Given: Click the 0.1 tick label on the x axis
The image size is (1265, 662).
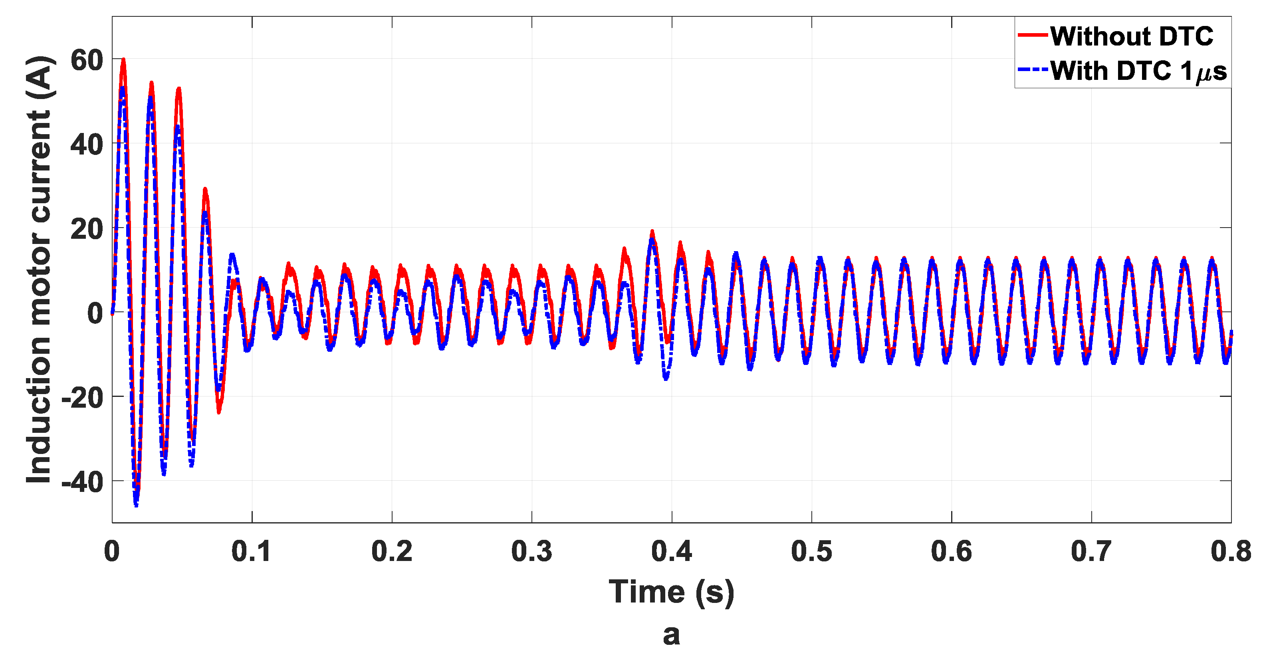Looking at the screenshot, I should [x=252, y=551].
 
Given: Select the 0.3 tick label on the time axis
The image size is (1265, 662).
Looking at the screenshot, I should [x=531, y=551].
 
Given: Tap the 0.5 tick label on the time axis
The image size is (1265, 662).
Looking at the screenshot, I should [x=811, y=551].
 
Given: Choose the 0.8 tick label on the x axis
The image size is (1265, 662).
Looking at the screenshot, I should [x=1231, y=551].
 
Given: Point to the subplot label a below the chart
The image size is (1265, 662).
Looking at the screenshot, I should [x=671, y=634].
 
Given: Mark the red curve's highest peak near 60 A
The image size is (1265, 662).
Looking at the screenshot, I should [x=123, y=60].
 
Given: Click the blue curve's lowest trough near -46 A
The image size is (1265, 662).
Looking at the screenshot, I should [x=136, y=504].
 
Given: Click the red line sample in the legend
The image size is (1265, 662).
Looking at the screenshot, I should [x=1033, y=35].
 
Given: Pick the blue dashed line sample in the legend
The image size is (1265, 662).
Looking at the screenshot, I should [x=1033, y=70].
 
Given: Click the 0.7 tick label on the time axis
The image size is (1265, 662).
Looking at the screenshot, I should [x=1091, y=551].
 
